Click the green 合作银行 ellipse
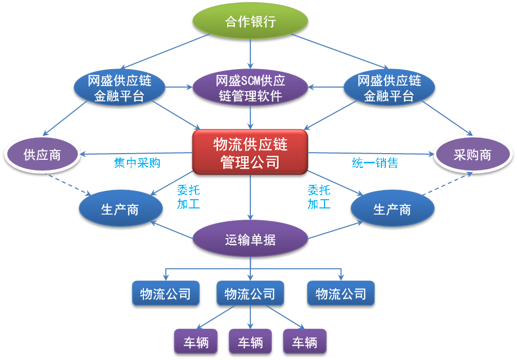tap(250, 21)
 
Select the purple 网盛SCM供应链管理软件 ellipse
tap(250, 88)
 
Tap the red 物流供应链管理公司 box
tap(250, 152)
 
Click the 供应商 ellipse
tap(42, 155)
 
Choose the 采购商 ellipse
tap(472, 155)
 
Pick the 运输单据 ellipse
tap(250, 239)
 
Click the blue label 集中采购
tap(137, 163)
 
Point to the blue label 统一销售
tap(375, 163)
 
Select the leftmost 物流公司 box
tap(165, 293)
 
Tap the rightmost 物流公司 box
tap(340, 293)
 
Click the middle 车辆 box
tap(250, 342)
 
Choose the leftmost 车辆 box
tap(196, 342)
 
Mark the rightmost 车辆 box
tap(305, 342)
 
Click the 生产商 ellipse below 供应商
tap(120, 208)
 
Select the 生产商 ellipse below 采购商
tap(393, 208)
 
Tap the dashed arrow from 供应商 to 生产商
tap(69, 184)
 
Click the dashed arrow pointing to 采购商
tap(447, 184)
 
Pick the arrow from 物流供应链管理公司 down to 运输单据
tap(250, 197)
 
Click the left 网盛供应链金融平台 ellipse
tap(119, 88)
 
